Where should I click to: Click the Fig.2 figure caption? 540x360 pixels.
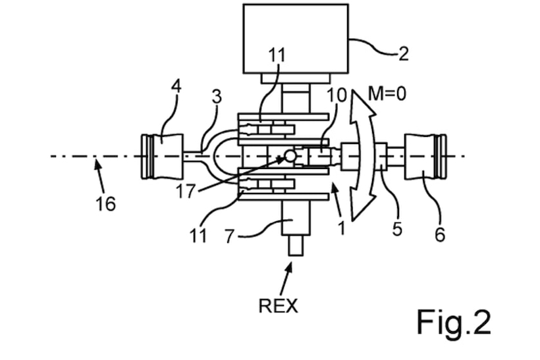(454, 322)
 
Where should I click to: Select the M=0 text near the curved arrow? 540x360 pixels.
(387, 93)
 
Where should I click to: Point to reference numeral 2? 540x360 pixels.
(403, 53)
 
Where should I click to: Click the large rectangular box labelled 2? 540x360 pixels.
(295, 38)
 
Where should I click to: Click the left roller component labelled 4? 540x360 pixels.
(162, 156)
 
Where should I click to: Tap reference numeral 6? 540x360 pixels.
(439, 234)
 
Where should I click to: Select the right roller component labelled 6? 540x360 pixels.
(425, 156)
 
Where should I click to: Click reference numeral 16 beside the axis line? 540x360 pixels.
(105, 204)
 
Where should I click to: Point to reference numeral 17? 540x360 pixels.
(186, 192)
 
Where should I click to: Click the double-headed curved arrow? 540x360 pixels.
(361, 157)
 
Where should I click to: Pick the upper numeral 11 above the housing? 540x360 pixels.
(277, 55)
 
